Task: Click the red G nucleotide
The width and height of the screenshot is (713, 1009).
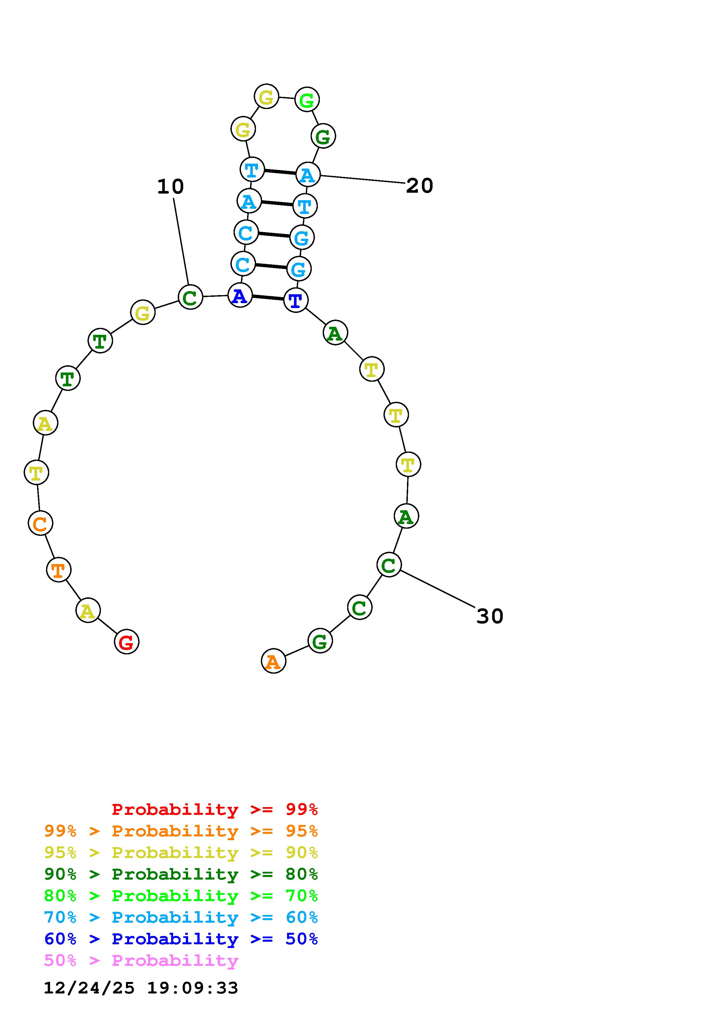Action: pos(127,642)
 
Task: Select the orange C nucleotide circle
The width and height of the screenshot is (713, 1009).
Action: pos(41,523)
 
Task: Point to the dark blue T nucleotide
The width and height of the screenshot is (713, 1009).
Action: pos(296,300)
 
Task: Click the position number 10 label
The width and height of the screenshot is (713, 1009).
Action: pos(171,186)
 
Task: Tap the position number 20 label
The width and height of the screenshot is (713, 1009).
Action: pos(420,186)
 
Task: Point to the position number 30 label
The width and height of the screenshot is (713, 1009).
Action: pos(490,616)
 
